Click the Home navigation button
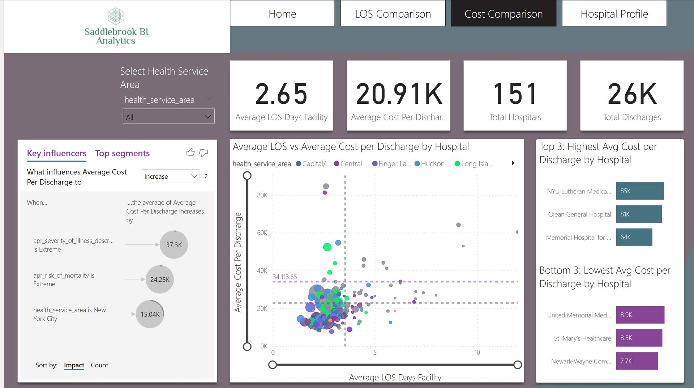[282, 14]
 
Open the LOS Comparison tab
[393, 14]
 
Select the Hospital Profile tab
[614, 14]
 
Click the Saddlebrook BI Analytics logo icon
[116, 16]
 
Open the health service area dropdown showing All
[168, 117]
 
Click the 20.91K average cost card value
[399, 94]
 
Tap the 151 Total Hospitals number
[515, 94]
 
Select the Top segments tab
[122, 153]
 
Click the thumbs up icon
[190, 153]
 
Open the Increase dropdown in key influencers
[171, 176]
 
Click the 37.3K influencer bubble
[174, 245]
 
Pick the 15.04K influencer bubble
[150, 314]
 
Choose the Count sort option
[99, 365]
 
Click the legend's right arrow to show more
[513, 163]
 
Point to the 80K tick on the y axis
[262, 195]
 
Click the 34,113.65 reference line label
[285, 277]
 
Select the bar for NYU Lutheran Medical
[639, 191]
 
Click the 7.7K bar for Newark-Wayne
[637, 361]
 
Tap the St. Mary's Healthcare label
[582, 338]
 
